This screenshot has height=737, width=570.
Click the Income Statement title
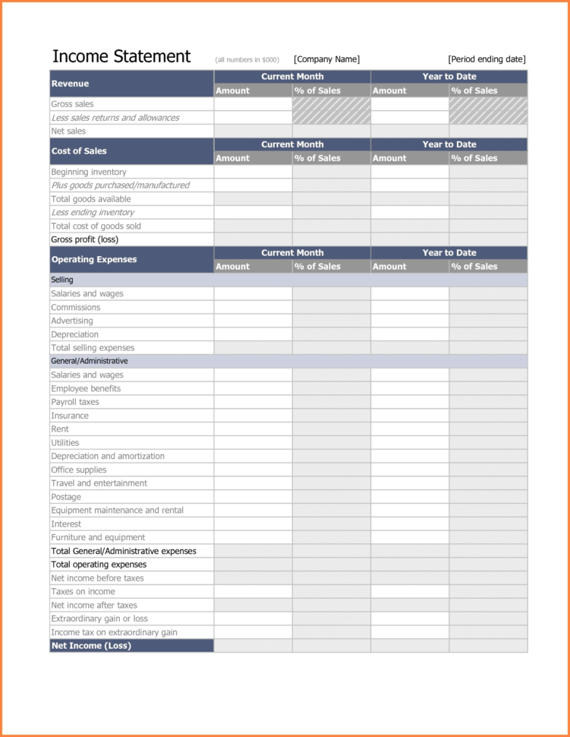click(x=121, y=57)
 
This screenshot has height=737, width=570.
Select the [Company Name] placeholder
click(x=326, y=59)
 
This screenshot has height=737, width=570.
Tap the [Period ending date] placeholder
click(x=487, y=59)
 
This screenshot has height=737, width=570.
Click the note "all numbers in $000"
click(x=247, y=60)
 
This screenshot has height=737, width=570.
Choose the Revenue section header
click(x=70, y=84)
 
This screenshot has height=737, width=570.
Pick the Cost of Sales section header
click(x=79, y=151)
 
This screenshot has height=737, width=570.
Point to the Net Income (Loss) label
click(x=91, y=646)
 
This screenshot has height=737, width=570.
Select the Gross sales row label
click(x=72, y=104)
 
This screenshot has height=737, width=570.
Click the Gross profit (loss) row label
click(x=84, y=239)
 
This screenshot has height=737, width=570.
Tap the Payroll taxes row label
click(x=74, y=402)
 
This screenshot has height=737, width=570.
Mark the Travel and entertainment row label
click(x=99, y=483)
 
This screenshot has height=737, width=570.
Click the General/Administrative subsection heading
click(x=89, y=361)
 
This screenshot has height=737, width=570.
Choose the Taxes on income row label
click(x=83, y=592)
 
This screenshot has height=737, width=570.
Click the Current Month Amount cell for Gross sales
click(x=253, y=104)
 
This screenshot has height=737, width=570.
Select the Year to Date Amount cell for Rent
click(x=409, y=429)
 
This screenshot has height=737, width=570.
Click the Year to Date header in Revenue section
click(x=449, y=77)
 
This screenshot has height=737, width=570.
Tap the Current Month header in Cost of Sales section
click(x=292, y=144)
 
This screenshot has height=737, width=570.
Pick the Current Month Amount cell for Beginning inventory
click(x=253, y=172)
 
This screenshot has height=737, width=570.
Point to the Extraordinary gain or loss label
click(x=99, y=618)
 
